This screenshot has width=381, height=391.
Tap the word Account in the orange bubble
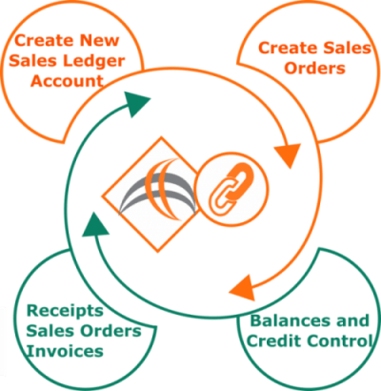[67, 81]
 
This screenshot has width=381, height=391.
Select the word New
[99, 41]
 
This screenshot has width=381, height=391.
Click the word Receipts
[65, 312]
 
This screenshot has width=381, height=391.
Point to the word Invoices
[65, 352]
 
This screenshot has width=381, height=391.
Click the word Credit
[273, 341]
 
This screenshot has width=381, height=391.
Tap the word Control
[338, 341]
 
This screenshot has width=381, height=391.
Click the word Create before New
[44, 41]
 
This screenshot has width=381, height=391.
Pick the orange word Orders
[314, 69]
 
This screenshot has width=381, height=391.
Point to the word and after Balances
[353, 320]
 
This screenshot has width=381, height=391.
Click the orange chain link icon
[231, 189]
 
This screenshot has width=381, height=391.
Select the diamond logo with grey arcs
[150, 195]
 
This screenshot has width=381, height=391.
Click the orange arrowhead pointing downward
[288, 155]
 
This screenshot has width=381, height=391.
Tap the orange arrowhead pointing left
[242, 288]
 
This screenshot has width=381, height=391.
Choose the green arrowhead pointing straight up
[95, 224]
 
